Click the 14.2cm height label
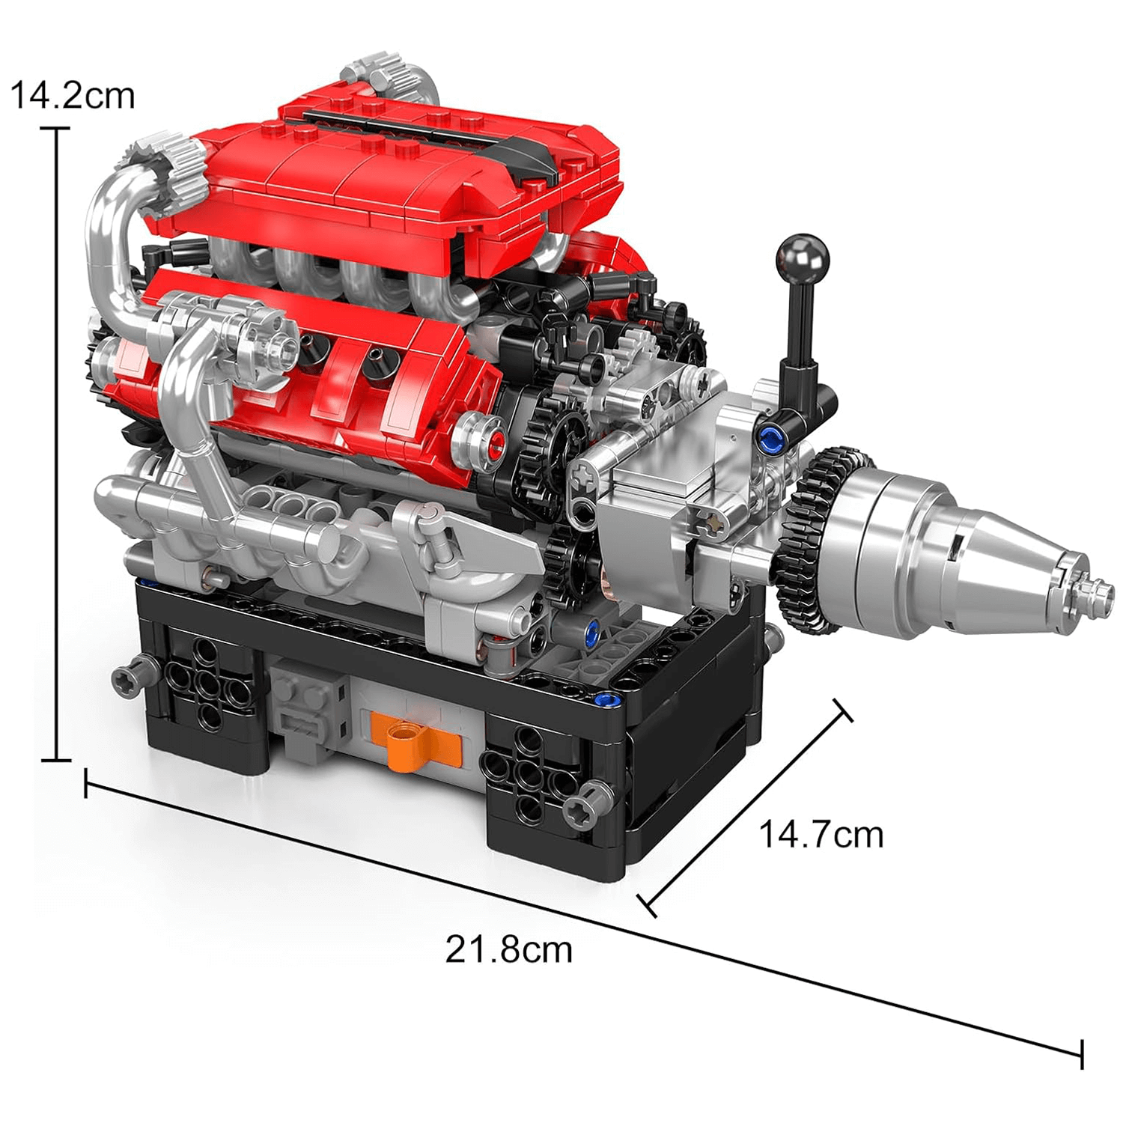73,96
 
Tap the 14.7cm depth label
821,834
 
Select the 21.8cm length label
508,949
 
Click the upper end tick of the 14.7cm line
842,710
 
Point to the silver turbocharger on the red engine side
255,337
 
